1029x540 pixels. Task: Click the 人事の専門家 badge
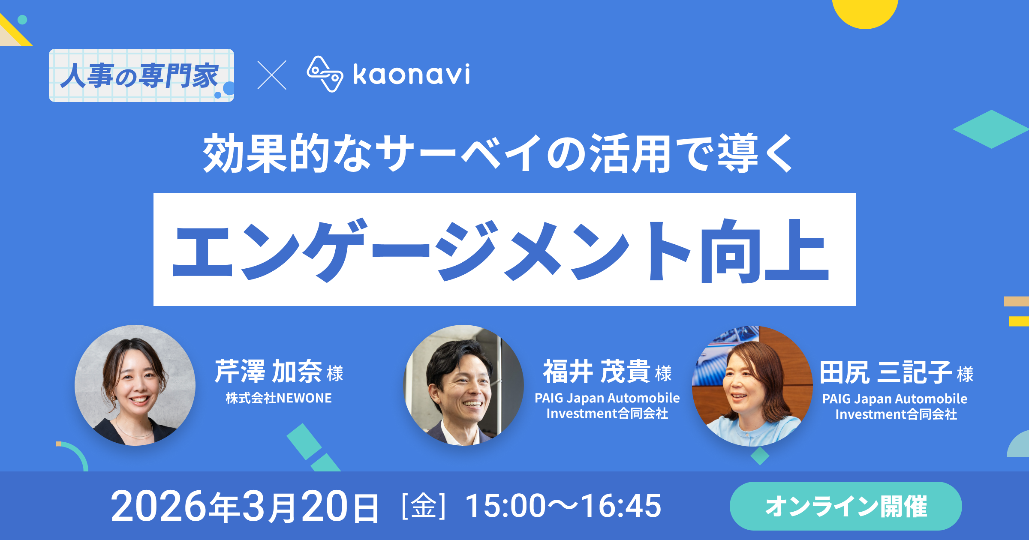pos(141,75)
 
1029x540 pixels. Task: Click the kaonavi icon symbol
pos(325,74)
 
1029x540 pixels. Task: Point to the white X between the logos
pos(272,75)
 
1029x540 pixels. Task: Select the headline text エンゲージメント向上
pos(500,250)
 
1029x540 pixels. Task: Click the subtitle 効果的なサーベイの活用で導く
pos(499,153)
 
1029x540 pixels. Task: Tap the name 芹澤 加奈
pos(269,371)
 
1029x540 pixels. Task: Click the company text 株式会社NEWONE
pos(279,398)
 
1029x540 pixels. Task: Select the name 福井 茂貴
pos(597,371)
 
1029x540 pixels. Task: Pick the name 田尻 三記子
pos(886,372)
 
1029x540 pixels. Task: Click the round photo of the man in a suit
pos(463,385)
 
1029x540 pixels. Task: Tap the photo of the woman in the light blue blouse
pos(752,386)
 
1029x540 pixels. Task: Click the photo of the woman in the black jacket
pos(135,385)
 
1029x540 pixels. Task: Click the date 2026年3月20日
pos(245,507)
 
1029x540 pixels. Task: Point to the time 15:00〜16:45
pos(563,506)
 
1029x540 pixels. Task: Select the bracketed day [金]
pos(424,506)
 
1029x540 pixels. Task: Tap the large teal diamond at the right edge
pos(991,129)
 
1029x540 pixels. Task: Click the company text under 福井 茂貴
pos(607,405)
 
